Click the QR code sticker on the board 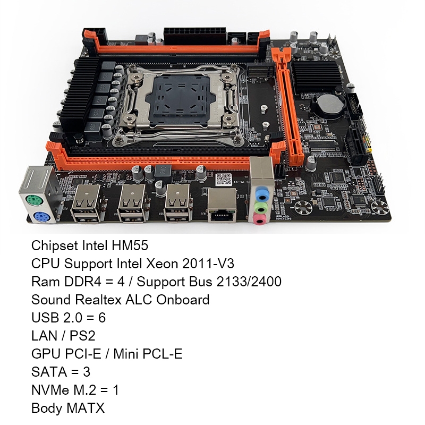(224, 180)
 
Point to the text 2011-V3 (208, 263)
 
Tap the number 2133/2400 (249, 282)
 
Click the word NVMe (50, 390)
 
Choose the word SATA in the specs (49, 372)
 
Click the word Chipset (55, 245)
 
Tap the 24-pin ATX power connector (194, 36)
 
